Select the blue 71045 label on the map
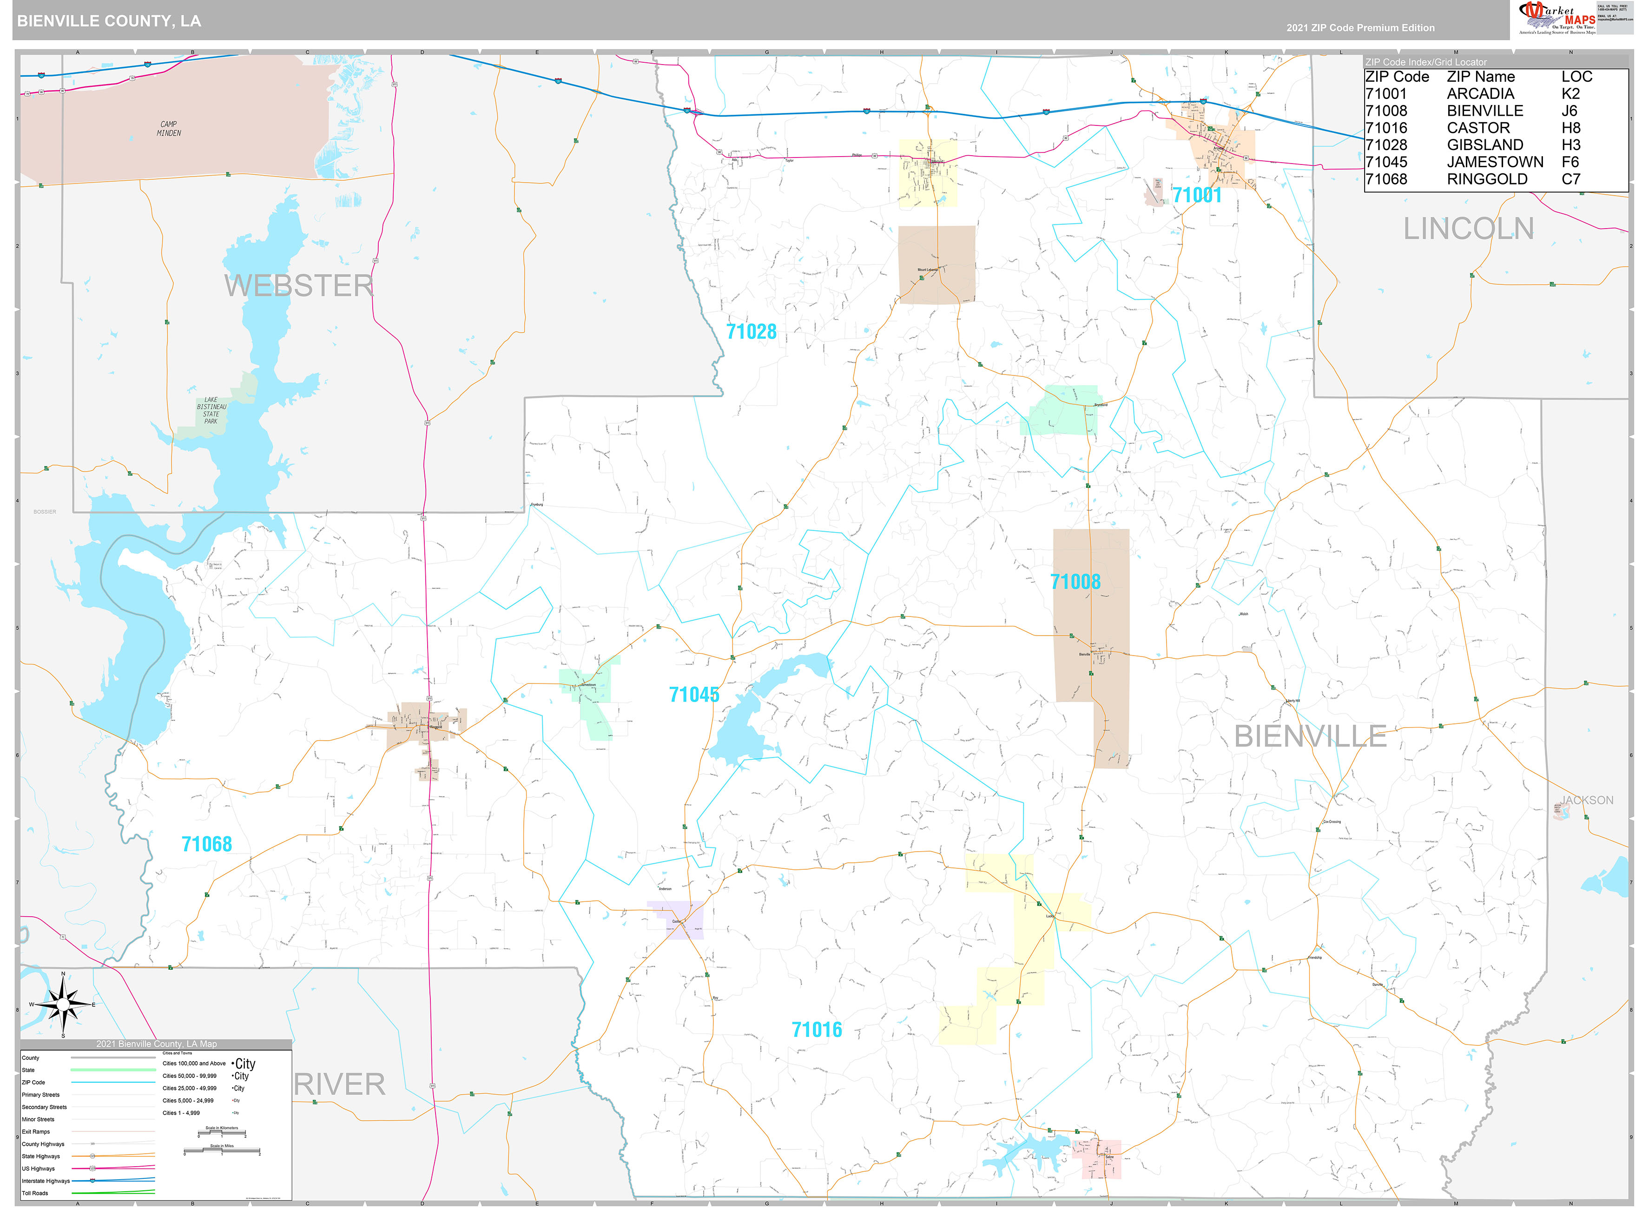pos(693,695)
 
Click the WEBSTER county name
pos(298,285)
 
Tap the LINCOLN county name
pos(1468,229)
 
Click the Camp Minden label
pos(169,129)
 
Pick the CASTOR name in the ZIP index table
pos(1477,128)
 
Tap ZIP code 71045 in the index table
pos(1385,162)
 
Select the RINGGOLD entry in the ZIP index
pos(1486,179)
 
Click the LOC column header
pos(1576,77)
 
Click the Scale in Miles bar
pos(222,1152)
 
